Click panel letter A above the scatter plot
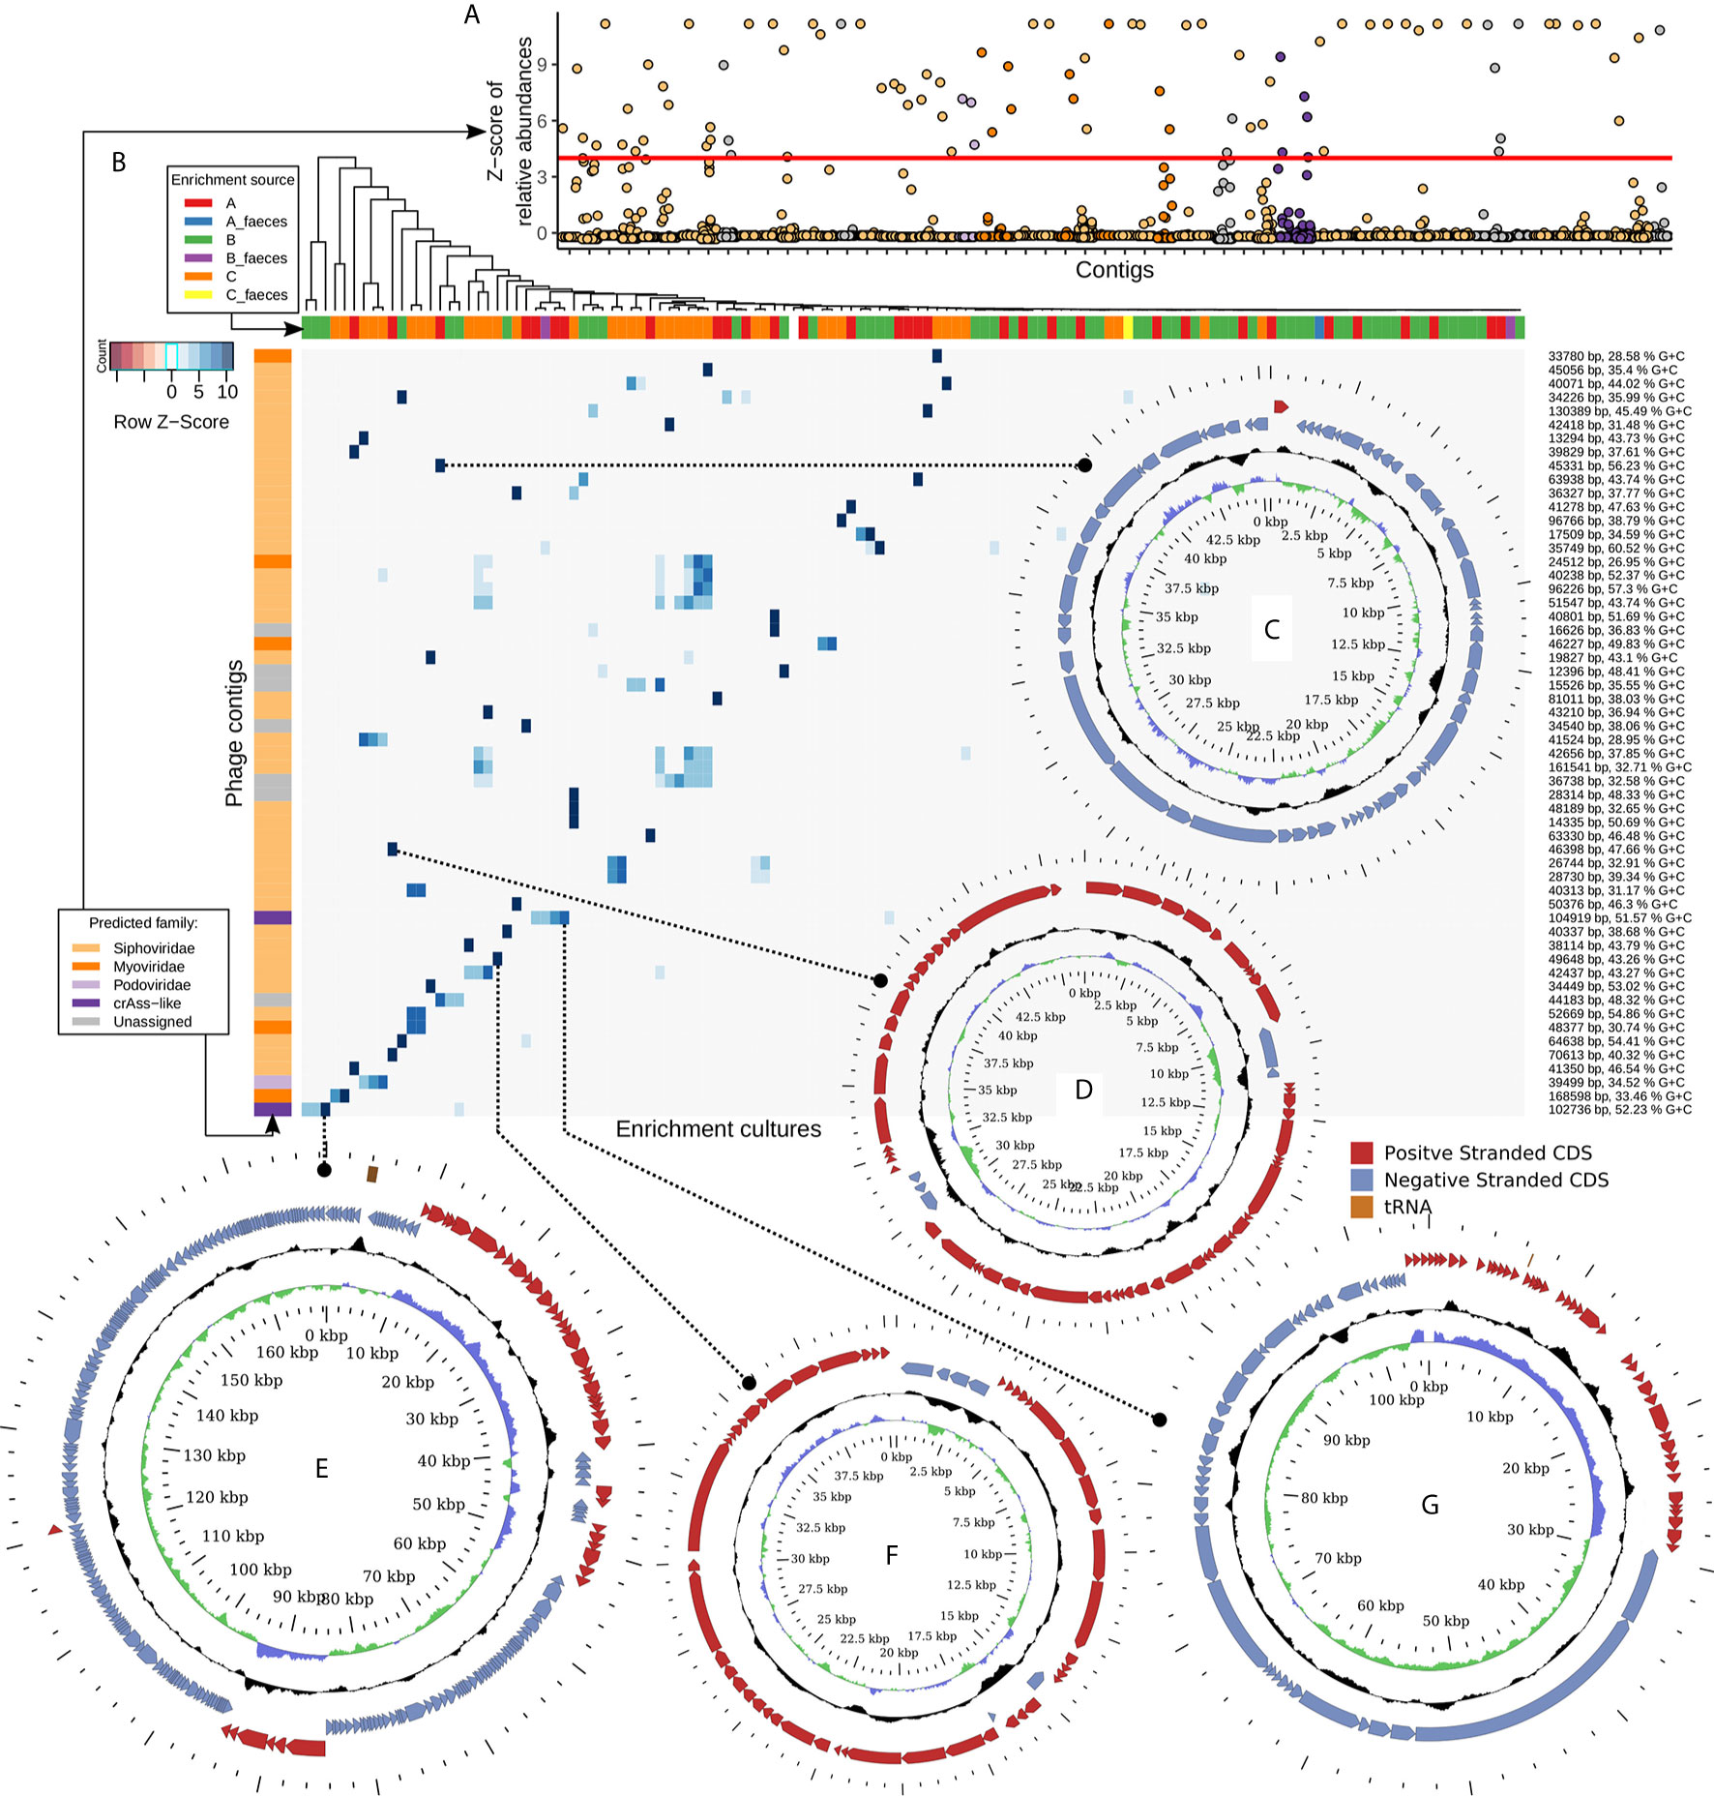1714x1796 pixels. click(472, 15)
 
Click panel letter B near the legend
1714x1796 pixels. click(119, 163)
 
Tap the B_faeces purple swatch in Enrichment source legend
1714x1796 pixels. click(197, 258)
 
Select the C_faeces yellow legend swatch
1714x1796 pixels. click(197, 295)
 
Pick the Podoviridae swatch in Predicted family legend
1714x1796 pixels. click(85, 985)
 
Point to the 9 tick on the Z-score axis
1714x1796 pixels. click(542, 65)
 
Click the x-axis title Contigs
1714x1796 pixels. click(1114, 270)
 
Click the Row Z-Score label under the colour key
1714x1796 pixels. click(171, 422)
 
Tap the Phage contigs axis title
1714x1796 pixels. click(234, 733)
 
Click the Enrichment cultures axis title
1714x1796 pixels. click(718, 1129)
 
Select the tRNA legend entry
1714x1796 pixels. click(1407, 1207)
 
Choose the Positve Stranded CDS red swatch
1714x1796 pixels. click(1362, 1152)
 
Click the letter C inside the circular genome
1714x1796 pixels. click(1272, 630)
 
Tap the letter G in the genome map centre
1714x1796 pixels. click(1430, 1506)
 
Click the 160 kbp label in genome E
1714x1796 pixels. click(286, 1353)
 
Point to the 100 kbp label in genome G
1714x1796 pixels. click(1396, 1400)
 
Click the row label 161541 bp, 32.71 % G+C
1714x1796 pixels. click(1619, 767)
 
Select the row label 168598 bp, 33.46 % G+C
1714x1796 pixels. click(1619, 1096)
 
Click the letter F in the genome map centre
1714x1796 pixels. click(892, 1555)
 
